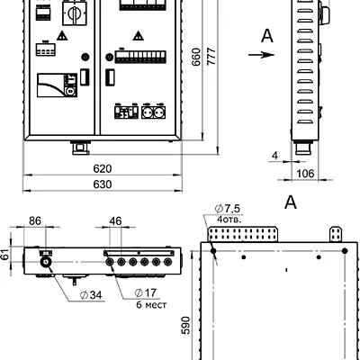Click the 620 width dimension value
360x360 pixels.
103,169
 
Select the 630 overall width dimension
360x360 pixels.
103,184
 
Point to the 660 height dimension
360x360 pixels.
196,57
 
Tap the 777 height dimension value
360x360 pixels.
211,56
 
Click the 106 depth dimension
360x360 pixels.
305,174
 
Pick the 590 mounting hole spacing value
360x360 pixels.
185,325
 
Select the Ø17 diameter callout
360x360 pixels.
146,292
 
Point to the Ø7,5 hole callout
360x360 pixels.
228,208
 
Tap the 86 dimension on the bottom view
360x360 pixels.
35,221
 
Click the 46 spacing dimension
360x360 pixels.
115,221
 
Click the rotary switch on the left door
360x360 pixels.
75,13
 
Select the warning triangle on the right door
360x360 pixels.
138,36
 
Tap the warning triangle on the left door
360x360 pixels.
62,36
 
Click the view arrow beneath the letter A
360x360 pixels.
261,55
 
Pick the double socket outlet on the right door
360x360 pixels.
154,112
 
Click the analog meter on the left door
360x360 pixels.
57,85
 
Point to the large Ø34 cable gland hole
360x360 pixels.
46,262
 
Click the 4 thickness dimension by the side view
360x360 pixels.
274,156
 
